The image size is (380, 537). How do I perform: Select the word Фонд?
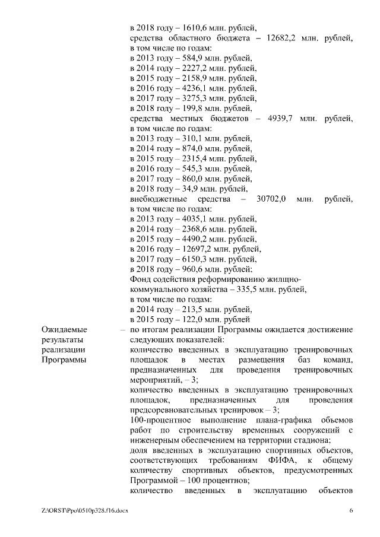[141, 280]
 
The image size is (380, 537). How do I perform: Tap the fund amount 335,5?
[245, 290]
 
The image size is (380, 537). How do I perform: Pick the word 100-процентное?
[158, 421]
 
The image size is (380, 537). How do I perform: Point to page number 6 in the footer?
[351, 510]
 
